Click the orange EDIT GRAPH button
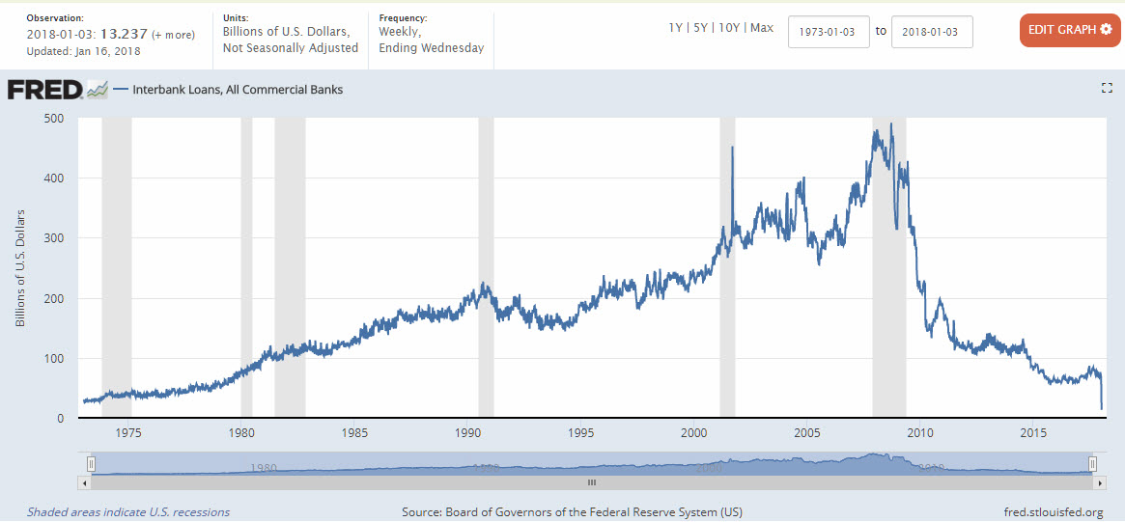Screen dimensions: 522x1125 click(1070, 29)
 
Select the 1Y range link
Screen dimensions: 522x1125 click(676, 28)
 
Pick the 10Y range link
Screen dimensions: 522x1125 click(730, 28)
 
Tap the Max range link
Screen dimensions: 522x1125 click(762, 28)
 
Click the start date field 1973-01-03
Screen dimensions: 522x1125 click(829, 31)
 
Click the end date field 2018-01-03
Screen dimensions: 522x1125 click(932, 31)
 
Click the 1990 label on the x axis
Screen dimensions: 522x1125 click(466, 432)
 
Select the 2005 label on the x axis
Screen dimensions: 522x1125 click(806, 432)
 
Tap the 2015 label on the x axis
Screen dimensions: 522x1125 click(1033, 432)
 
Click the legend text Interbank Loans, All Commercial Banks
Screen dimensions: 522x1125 click(238, 90)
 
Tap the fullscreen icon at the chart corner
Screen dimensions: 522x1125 click(1107, 88)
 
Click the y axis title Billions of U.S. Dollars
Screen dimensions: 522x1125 click(20, 267)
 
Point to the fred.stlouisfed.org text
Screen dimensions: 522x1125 click(1054, 511)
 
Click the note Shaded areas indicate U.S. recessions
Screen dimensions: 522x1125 click(128, 511)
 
